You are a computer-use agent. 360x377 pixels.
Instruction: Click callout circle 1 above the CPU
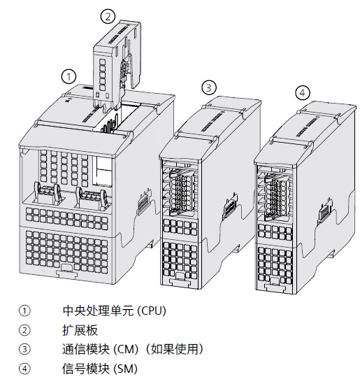[69, 76]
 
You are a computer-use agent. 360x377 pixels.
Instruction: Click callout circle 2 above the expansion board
[107, 15]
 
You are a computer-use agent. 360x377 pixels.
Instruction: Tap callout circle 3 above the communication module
[209, 87]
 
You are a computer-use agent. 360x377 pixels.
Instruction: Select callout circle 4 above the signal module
[302, 93]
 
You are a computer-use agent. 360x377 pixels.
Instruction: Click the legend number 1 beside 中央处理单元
[24, 311]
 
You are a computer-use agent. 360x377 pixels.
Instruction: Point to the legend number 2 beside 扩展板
[24, 329]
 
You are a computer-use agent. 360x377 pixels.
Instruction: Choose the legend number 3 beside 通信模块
[24, 349]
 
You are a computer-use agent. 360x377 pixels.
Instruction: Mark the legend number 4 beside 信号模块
[24, 368]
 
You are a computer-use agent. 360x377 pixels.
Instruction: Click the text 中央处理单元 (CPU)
[114, 311]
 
